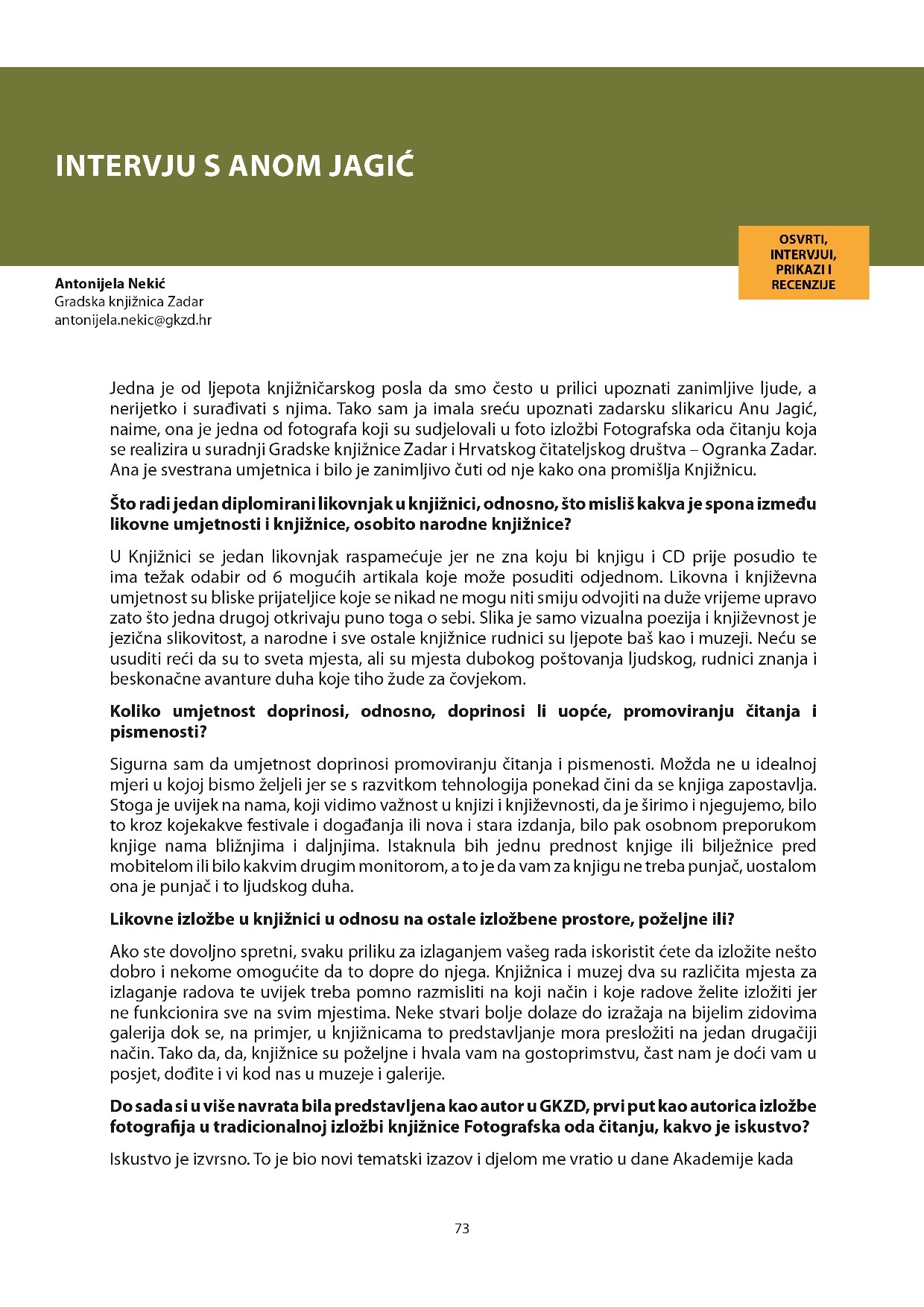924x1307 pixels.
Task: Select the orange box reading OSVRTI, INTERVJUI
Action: (x=803, y=262)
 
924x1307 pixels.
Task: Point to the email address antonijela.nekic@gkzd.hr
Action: (x=133, y=320)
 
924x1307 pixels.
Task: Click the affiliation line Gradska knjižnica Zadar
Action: (x=128, y=302)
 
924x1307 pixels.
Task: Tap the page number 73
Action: (x=461, y=1229)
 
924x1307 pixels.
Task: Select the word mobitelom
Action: (x=150, y=867)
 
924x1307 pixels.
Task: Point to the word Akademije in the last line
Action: (x=716, y=1159)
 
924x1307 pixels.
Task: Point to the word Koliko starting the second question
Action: (x=134, y=711)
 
